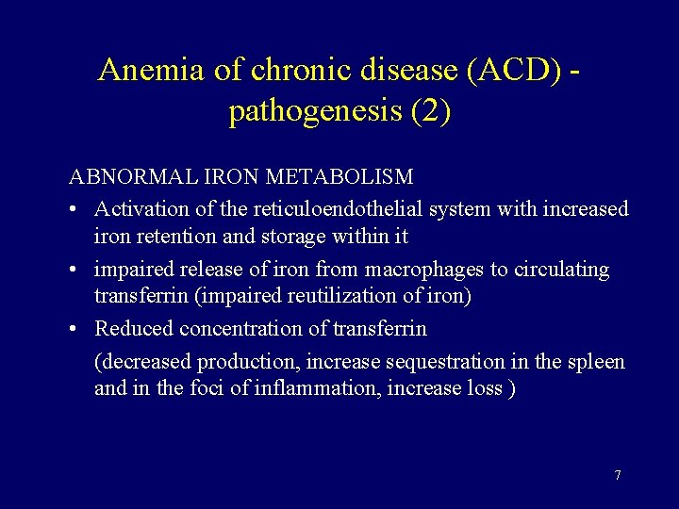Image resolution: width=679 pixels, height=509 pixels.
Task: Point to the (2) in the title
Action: coord(431,113)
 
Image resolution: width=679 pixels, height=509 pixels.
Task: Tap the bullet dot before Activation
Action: coord(75,208)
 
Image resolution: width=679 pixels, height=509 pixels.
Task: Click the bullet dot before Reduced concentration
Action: coord(75,329)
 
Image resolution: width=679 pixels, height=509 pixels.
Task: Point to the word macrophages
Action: coord(425,270)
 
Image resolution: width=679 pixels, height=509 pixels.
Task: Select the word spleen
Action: coord(595,362)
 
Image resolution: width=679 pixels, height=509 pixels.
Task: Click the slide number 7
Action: coord(618,475)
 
